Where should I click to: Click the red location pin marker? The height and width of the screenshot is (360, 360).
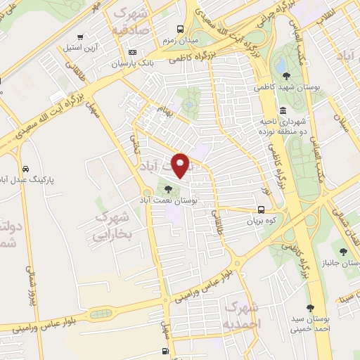tap(181, 165)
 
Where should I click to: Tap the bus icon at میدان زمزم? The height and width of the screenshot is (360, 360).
tap(181, 29)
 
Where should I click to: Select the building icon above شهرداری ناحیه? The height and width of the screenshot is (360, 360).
tap(282, 110)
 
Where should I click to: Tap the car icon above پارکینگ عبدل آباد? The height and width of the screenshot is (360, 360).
tap(26, 169)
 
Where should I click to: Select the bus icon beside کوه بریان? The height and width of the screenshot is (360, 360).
tap(262, 209)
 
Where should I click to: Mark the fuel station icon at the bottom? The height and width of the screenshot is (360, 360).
tap(165, 351)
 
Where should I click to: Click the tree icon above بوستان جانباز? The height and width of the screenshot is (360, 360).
tap(342, 251)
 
